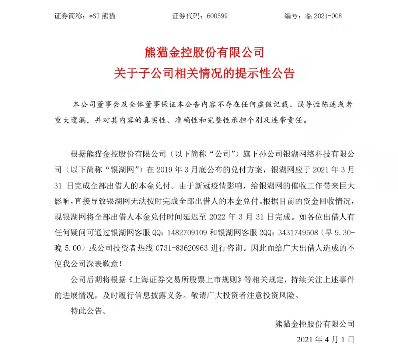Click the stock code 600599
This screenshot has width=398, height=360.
coord(217,16)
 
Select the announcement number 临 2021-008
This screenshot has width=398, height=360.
coord(323,16)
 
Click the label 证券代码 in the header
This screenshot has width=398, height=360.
coord(186,16)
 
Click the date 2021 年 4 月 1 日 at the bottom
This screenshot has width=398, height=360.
coord(325,339)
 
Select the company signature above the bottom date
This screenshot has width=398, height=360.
coord(314,324)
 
